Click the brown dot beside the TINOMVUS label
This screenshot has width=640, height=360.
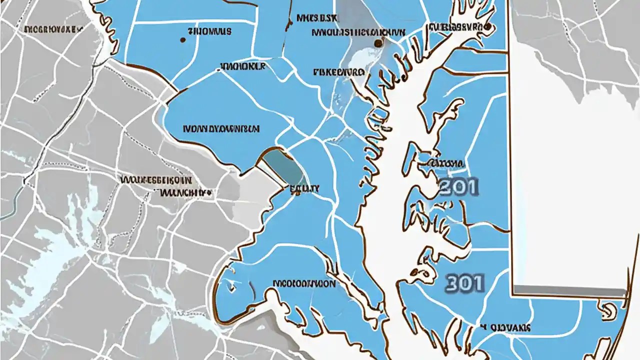click(x=182, y=39)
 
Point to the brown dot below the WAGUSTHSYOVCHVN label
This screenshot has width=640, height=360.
click(x=378, y=43)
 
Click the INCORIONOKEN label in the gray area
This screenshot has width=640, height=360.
click(x=52, y=29)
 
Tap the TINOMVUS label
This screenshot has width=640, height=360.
click(x=209, y=31)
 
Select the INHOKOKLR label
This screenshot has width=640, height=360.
click(x=242, y=66)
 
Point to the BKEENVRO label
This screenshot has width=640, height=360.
click(x=338, y=72)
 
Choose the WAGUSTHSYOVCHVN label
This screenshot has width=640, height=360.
click(x=358, y=32)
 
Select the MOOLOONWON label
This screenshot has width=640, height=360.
click(x=304, y=283)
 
